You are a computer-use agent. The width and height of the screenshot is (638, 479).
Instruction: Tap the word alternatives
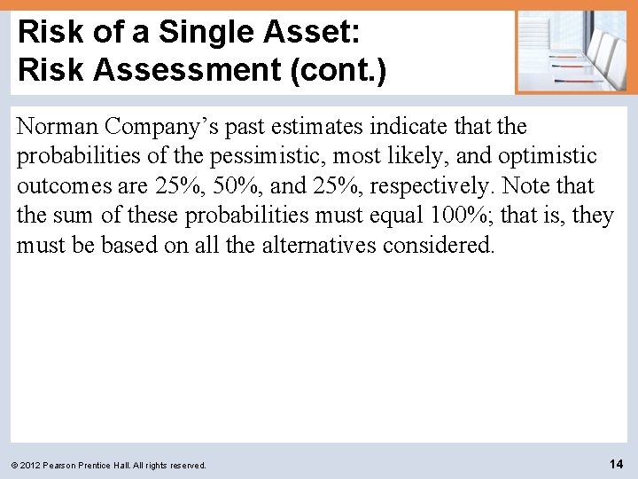tap(320, 245)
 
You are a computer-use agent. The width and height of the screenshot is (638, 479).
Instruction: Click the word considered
tap(439, 245)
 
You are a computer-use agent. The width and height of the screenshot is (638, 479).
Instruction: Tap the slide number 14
tap(616, 463)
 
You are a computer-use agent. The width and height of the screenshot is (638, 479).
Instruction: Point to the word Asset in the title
tap(306, 33)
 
